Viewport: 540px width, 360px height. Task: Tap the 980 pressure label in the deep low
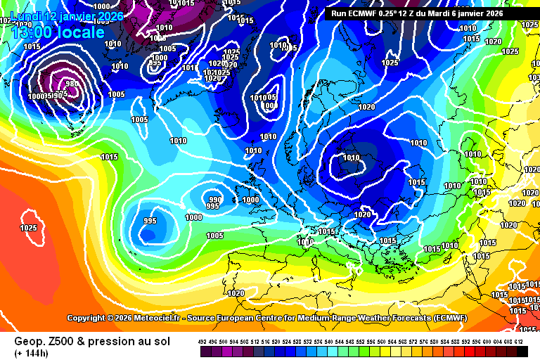click(71, 84)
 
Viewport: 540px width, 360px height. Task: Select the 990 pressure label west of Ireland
click(214, 200)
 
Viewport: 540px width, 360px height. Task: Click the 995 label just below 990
click(212, 207)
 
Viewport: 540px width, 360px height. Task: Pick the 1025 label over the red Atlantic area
click(28, 228)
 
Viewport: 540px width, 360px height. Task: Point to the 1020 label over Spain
click(236, 293)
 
